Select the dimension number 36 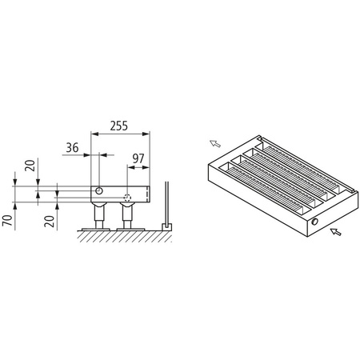(73, 147)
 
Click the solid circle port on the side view (99, 190)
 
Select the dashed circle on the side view (127, 197)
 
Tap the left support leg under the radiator (100, 214)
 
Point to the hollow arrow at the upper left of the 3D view (214, 144)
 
